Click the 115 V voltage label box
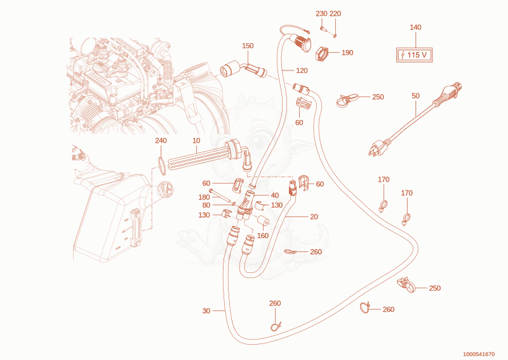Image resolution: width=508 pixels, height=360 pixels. click(415, 55)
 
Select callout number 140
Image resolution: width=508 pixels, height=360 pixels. click(415, 27)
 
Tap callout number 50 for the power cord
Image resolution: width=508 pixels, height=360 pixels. click(416, 96)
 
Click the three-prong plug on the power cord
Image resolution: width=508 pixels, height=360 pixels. click(378, 147)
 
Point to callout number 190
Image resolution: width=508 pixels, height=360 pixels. click(347, 53)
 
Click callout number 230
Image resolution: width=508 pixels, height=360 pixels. click(321, 13)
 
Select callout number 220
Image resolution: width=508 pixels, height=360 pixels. click(335, 13)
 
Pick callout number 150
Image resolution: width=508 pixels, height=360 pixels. click(248, 46)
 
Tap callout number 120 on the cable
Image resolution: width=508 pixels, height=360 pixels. click(302, 70)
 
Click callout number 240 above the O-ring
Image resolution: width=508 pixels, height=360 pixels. click(161, 140)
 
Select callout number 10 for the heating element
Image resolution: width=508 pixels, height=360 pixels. click(196, 140)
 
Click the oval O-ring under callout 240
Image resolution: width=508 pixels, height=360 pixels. click(163, 166)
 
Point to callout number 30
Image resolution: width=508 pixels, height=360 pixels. click(206, 310)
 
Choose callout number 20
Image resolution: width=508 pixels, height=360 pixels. click(314, 217)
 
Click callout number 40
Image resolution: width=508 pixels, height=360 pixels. click(275, 195)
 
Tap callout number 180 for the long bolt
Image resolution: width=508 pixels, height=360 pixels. click(204, 197)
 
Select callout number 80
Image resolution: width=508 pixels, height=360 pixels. click(206, 205)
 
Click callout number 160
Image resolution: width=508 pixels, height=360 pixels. click(263, 236)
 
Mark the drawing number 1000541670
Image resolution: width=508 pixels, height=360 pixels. click(479, 354)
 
